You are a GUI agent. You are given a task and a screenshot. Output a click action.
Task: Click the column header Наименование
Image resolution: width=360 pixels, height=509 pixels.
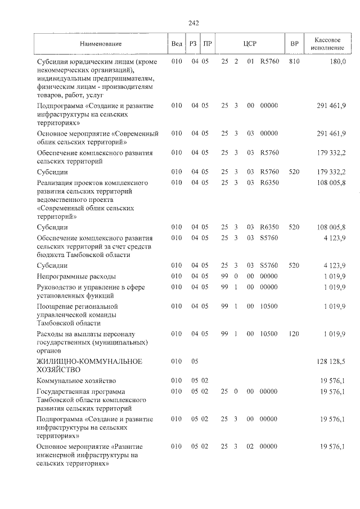(x=101, y=44)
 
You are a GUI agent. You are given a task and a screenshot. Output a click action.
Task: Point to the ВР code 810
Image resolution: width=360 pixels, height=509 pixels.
(x=294, y=61)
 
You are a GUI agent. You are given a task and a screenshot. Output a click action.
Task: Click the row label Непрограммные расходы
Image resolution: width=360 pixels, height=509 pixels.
(x=76, y=276)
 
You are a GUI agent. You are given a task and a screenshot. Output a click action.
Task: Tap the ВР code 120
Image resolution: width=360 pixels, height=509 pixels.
(x=294, y=334)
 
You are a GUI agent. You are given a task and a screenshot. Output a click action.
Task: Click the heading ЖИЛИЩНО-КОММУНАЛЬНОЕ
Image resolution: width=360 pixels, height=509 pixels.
(x=89, y=361)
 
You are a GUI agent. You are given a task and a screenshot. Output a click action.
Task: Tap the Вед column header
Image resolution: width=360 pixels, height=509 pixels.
(x=176, y=44)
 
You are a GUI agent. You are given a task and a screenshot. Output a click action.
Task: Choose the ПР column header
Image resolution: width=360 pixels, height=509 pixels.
(x=208, y=44)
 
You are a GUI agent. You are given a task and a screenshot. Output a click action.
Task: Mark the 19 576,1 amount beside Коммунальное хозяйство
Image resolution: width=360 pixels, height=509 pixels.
(x=333, y=380)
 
